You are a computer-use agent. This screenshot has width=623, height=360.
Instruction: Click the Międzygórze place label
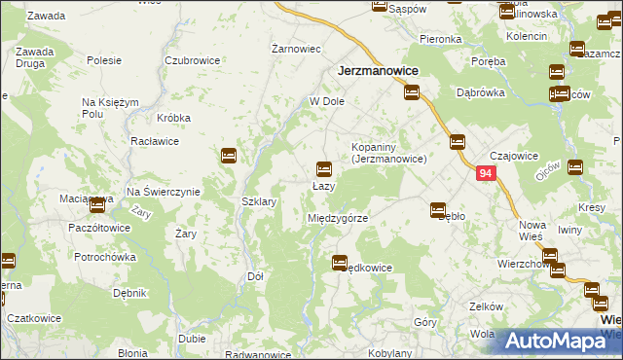point(337,218)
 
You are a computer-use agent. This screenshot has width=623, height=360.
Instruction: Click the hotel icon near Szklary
point(230,155)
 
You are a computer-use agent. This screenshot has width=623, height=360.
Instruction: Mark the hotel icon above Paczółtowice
point(97,204)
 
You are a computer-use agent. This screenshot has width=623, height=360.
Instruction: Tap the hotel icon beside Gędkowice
point(340,262)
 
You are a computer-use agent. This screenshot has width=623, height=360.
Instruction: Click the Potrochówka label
point(103,258)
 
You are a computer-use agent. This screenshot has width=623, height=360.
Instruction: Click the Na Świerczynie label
point(163,192)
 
